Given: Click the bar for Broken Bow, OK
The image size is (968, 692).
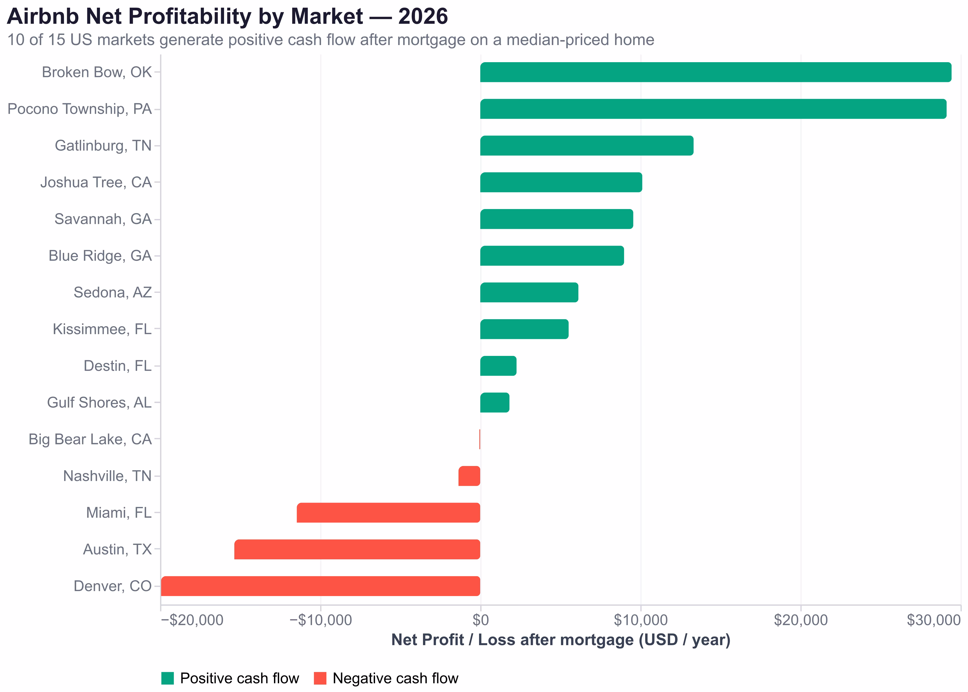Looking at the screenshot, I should [715, 72].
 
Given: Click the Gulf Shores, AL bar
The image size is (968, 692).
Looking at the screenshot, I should [494, 403].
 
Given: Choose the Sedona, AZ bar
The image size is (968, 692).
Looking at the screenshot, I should [529, 292].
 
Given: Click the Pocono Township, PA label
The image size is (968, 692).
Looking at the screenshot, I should [80, 109].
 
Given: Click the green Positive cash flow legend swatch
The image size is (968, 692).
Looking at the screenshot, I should [167, 678].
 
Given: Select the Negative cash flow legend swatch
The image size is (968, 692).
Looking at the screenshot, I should [320, 678].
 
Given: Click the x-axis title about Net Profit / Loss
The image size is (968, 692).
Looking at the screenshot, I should [561, 640].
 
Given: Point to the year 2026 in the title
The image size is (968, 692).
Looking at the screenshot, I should [423, 17].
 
